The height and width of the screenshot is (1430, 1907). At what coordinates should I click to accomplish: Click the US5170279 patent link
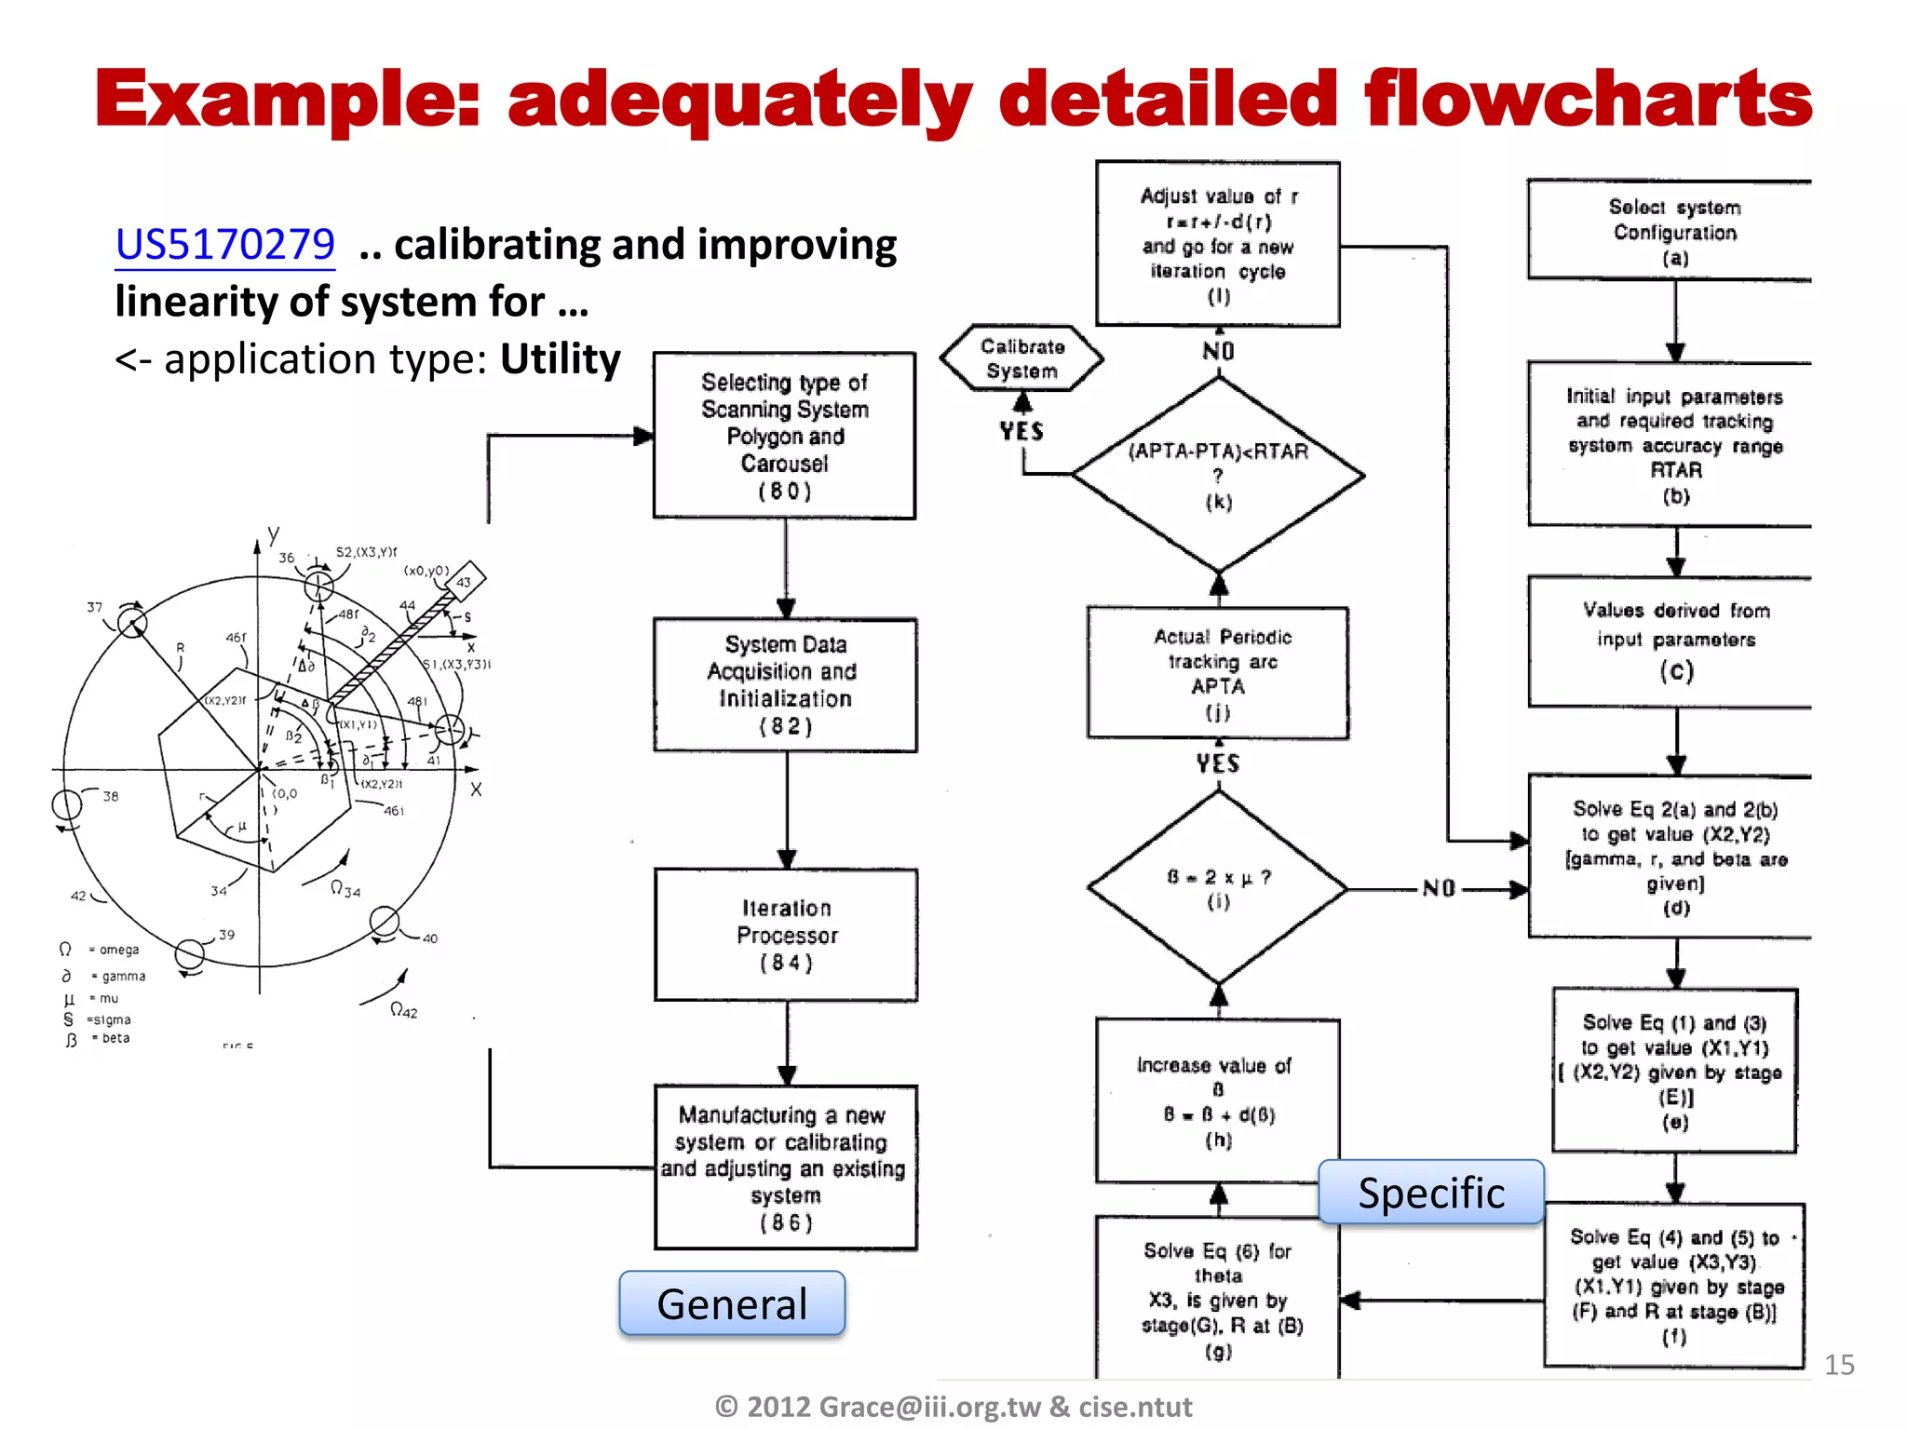[x=224, y=245]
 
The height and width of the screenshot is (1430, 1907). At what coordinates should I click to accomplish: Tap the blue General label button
[x=732, y=1303]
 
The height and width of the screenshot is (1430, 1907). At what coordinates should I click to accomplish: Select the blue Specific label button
[x=1431, y=1193]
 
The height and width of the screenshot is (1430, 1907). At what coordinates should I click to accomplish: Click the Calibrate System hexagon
[x=1021, y=358]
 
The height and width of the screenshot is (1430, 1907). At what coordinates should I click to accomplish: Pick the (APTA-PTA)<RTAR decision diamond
[x=1218, y=475]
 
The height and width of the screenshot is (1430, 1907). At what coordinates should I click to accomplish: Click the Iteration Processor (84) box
[x=787, y=935]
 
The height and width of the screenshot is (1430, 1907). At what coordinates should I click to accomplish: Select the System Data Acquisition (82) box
[x=786, y=685]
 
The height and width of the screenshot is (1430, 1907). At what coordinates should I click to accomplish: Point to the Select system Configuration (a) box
[x=1673, y=232]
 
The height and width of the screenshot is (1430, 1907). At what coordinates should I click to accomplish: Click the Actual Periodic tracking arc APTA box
[x=1218, y=674]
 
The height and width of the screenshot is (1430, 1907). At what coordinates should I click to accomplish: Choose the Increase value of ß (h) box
[x=1217, y=1101]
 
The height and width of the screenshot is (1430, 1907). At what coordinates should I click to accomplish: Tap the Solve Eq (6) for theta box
[x=1218, y=1299]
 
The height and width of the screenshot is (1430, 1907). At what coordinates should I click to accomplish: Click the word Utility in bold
[x=561, y=359]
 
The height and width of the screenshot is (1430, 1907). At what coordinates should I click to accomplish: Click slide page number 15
[x=1839, y=1365]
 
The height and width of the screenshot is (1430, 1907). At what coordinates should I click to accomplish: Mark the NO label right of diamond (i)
[x=1439, y=889]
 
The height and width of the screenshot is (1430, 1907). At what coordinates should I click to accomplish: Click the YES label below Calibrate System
[x=1021, y=432]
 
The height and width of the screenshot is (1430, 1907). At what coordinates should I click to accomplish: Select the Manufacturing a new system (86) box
[x=787, y=1167]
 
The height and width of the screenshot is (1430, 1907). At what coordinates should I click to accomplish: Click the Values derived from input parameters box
[x=1675, y=641]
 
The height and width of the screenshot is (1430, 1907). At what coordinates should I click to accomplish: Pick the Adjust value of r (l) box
[x=1218, y=245]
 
